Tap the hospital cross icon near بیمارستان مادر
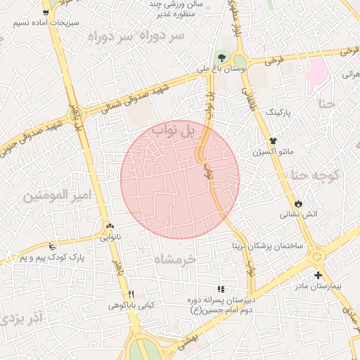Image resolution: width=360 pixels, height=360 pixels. coord(319,274)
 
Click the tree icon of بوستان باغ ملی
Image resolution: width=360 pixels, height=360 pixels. coord(222,58)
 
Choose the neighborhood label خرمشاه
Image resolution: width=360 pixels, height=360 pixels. coord(175,259)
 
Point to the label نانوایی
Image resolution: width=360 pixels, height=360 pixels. coord(109,238)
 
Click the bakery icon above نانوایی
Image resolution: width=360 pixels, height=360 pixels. coord(109,226)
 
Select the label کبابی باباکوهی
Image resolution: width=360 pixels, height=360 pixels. coord(130,306)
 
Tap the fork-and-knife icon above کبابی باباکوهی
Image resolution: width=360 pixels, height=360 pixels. coord(130,294)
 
